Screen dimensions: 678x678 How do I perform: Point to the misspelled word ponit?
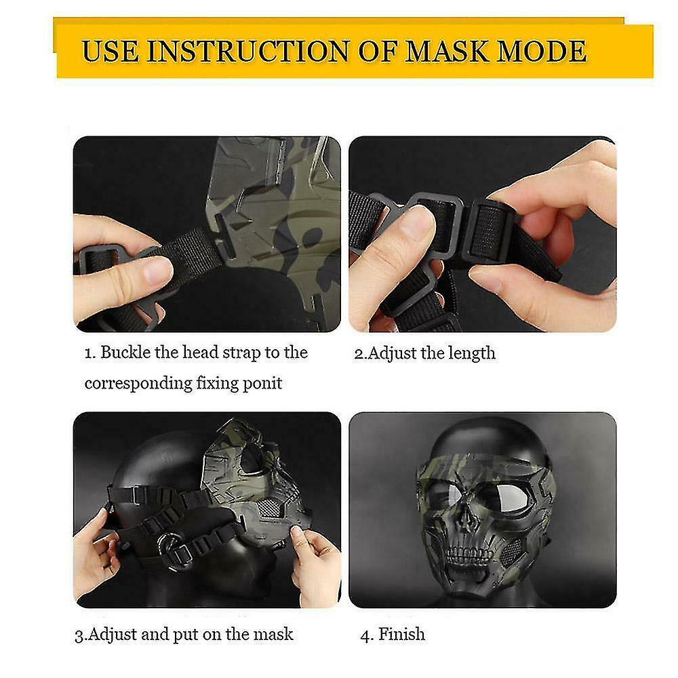(x=262, y=383)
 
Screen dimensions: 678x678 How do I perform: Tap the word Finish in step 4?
(x=402, y=634)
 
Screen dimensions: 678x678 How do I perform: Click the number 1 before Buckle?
(x=88, y=353)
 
